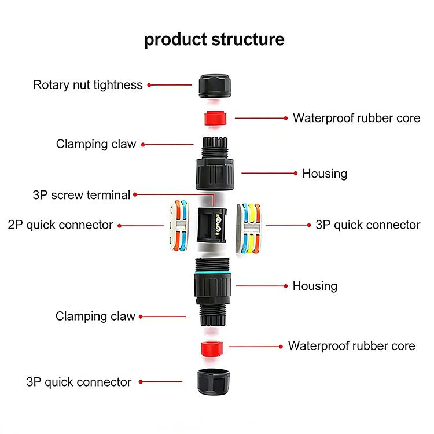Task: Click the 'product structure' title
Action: coord(214,39)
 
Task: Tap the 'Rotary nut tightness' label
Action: coord(87,85)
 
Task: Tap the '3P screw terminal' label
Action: coord(82,195)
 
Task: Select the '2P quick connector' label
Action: coord(61,225)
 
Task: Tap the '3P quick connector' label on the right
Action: coord(367,225)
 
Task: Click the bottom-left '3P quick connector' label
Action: coord(79,382)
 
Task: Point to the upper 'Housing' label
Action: coord(325,174)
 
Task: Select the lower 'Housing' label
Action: coord(315,286)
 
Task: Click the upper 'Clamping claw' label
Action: coord(96,144)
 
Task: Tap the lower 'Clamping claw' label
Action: coord(95,317)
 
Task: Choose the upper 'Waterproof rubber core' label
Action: coord(356,118)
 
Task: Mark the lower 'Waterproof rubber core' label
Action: coord(351,346)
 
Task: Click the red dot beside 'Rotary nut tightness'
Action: coord(149,85)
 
